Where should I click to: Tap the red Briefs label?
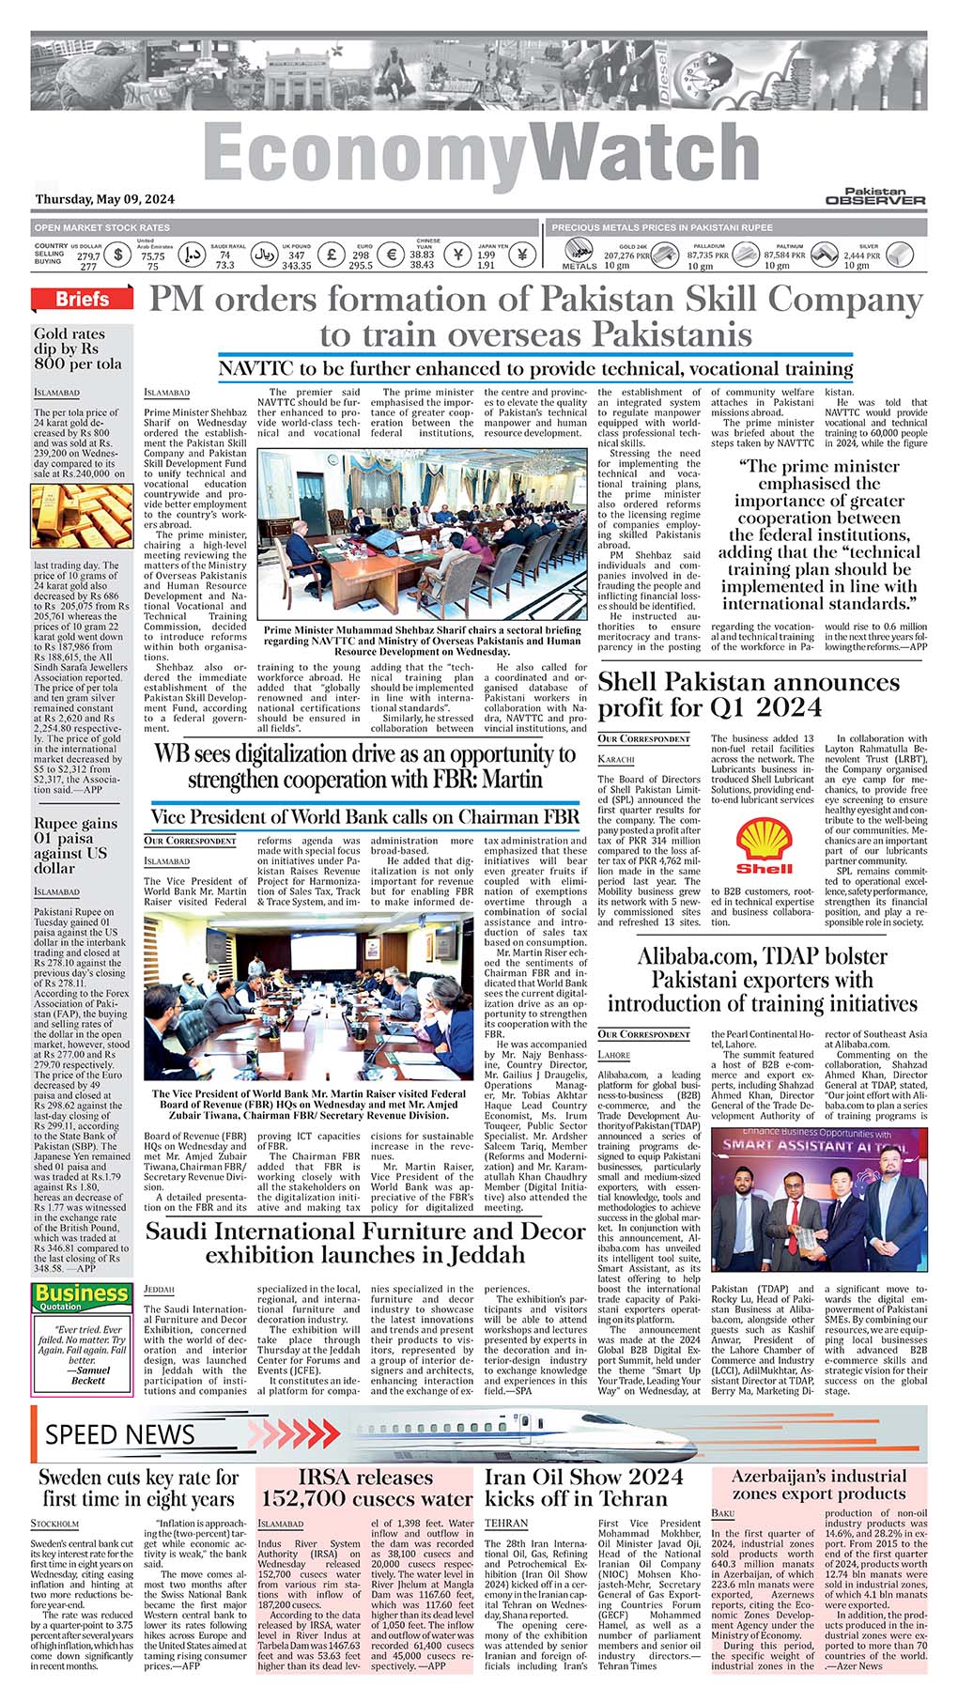[x=81, y=300]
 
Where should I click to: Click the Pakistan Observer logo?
[x=875, y=195]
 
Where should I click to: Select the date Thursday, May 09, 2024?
[x=104, y=199]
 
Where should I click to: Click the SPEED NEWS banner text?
[x=120, y=1434]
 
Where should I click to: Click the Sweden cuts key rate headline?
[x=139, y=1489]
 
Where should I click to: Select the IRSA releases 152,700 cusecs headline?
[x=366, y=1489]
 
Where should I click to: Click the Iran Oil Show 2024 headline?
[x=583, y=1489]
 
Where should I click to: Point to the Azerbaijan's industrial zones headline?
[x=819, y=1485]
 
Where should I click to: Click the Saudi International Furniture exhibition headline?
[x=365, y=1243]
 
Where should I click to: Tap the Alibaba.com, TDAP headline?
[x=762, y=980]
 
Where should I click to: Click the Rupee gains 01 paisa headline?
[x=76, y=845]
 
